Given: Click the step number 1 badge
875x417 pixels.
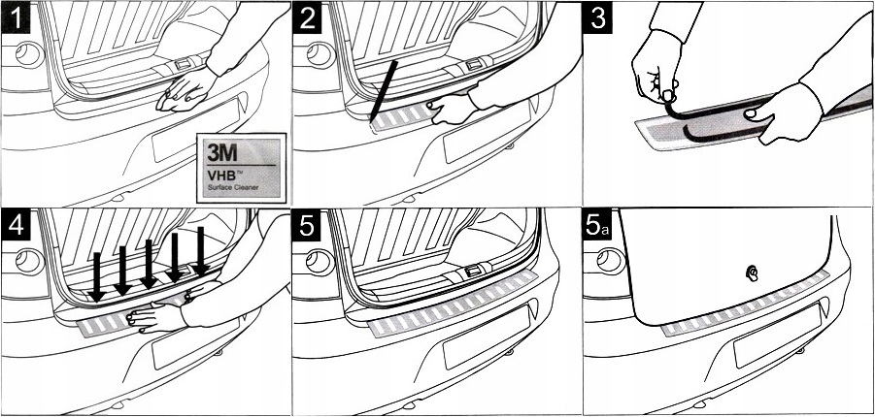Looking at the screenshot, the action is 16,17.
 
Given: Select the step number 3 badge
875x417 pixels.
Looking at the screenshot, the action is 597,17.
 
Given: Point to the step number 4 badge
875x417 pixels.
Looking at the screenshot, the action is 16,225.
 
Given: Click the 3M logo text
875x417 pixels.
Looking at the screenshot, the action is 222,151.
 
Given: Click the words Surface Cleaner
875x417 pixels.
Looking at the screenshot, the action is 233,187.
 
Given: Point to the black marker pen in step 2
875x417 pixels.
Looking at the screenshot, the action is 384,91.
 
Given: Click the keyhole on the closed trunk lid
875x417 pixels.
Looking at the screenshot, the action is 753,273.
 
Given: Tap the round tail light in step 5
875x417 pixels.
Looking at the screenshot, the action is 320,262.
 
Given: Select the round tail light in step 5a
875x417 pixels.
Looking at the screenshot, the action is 611,261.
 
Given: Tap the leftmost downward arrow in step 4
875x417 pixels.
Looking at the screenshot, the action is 96,277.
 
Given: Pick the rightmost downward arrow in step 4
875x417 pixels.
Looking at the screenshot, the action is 200,250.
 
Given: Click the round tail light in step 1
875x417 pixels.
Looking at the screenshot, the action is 29,54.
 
